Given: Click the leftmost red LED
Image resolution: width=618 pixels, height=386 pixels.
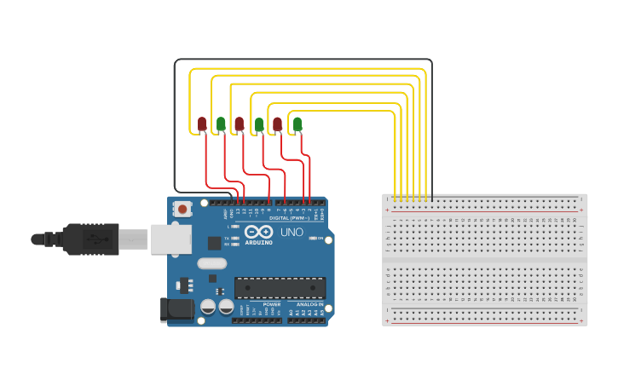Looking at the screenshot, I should click(x=202, y=124).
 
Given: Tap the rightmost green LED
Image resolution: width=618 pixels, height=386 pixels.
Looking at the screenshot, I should click(x=297, y=124).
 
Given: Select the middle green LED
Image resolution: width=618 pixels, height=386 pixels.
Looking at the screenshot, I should click(x=259, y=125).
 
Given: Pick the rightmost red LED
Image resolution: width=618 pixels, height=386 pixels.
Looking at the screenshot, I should click(x=278, y=124).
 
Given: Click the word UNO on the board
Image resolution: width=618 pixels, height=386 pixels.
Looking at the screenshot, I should click(x=292, y=232).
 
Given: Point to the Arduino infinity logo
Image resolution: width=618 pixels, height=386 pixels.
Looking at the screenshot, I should click(x=258, y=232).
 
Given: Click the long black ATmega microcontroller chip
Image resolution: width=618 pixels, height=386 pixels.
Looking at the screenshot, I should click(x=280, y=288).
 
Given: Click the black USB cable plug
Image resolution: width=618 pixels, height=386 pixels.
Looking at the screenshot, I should click(x=90, y=239).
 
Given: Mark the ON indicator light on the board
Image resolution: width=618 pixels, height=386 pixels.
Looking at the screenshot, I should click(x=313, y=239).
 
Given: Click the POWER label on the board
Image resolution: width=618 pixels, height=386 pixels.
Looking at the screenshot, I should click(x=271, y=304).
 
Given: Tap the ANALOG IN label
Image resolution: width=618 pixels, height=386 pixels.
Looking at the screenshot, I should click(x=309, y=304).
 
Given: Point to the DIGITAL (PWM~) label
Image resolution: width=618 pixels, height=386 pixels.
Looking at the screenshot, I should click(x=289, y=218).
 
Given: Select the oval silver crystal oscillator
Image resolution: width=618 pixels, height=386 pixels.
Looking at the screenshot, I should click(x=211, y=263).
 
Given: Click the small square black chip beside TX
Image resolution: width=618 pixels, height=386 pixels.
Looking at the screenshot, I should click(x=214, y=243).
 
